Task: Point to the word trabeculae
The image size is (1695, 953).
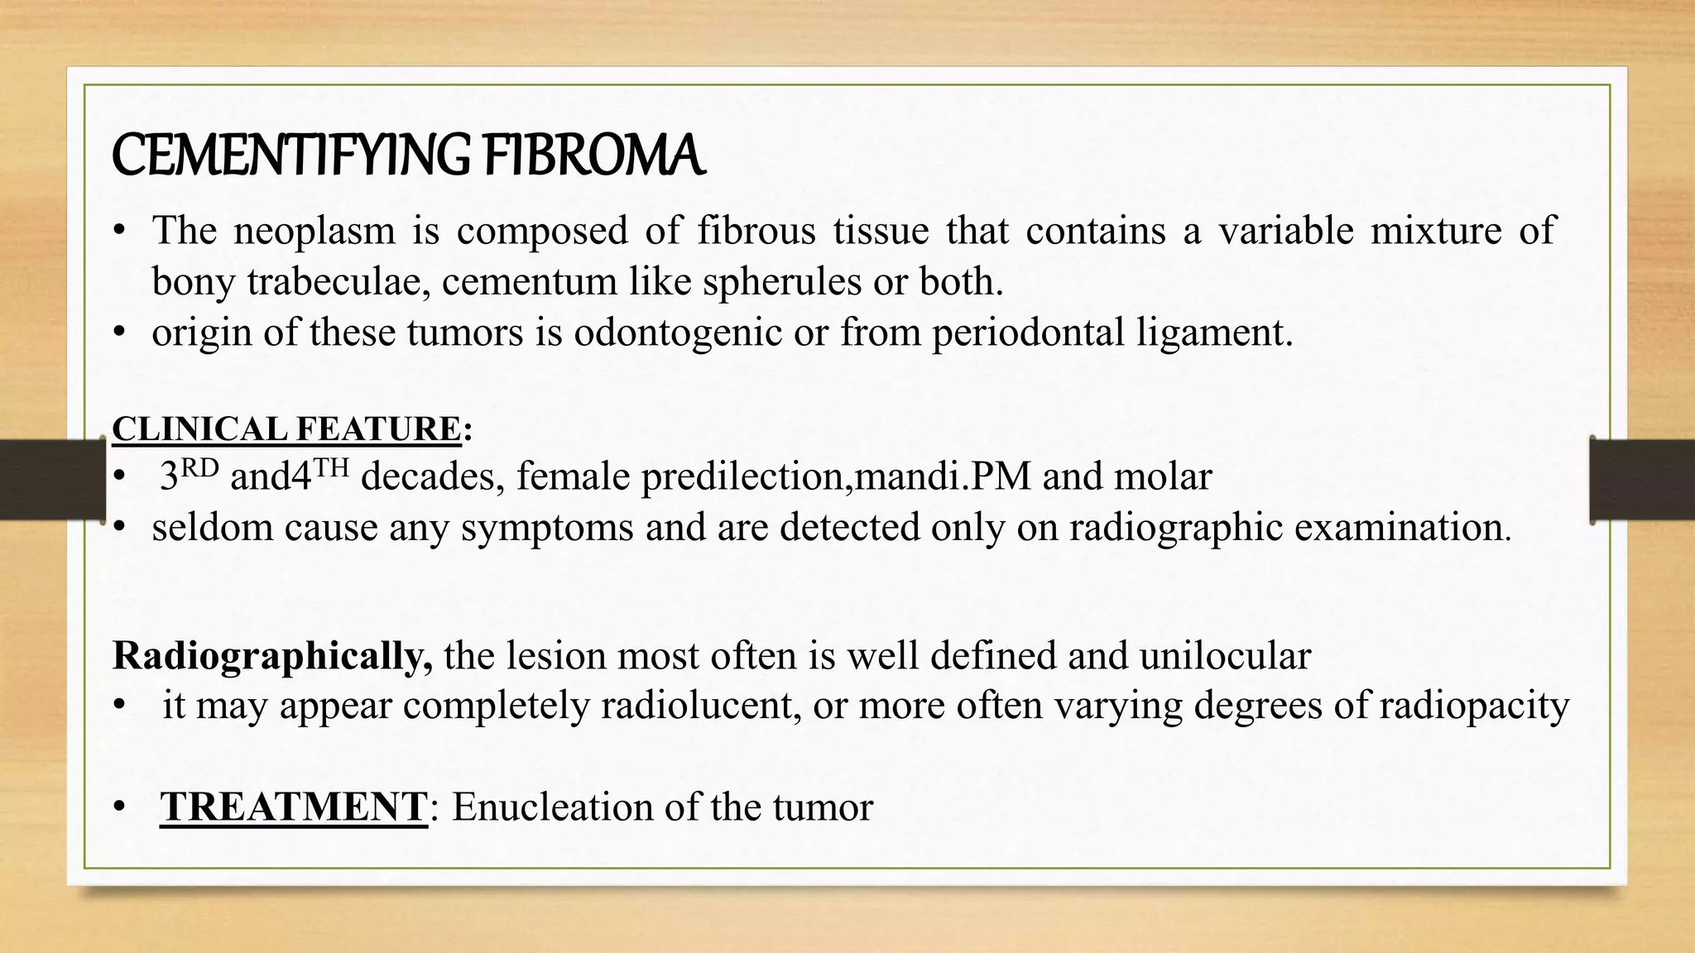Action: (x=338, y=282)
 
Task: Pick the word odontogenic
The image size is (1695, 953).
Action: (x=678, y=333)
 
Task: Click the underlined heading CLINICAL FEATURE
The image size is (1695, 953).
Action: (x=286, y=429)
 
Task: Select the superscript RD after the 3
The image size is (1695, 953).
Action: (x=199, y=469)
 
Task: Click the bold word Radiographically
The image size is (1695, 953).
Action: (x=272, y=656)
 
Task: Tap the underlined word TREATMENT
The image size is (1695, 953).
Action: (x=294, y=807)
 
